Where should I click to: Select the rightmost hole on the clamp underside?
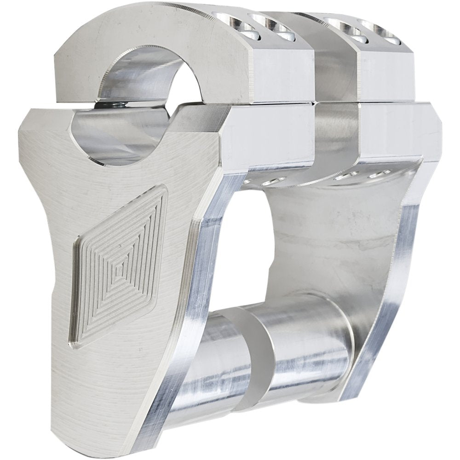click(x=380, y=174)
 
